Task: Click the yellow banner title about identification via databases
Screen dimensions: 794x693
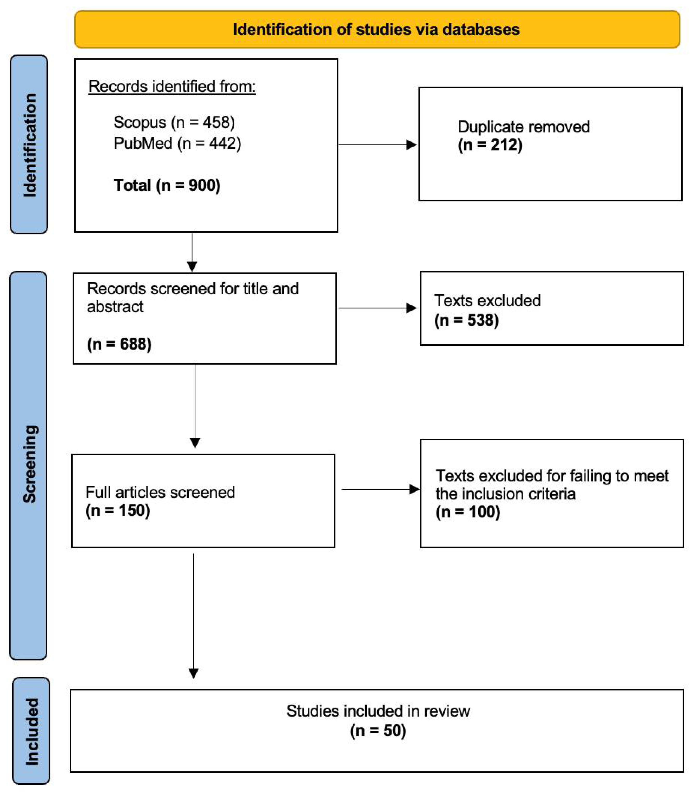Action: (376, 29)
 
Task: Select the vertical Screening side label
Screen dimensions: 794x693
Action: (30, 464)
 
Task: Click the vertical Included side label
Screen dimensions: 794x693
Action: (32, 731)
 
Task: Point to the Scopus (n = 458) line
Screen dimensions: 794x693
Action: (174, 122)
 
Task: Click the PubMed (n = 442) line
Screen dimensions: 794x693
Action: (177, 143)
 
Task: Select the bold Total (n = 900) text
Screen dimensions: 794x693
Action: (167, 185)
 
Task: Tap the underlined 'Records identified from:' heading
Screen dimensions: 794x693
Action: (172, 86)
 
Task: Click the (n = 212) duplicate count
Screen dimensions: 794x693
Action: (490, 145)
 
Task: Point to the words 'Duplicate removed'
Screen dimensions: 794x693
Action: (524, 127)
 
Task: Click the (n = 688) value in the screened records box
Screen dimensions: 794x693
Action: (119, 344)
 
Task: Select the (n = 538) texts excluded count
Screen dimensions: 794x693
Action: (466, 320)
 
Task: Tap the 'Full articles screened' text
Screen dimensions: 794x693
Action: (160, 492)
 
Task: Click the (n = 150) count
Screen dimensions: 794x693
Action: (117, 510)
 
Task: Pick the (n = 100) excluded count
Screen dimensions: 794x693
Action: (468, 512)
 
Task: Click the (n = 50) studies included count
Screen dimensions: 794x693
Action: (378, 731)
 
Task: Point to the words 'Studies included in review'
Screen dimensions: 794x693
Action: (378, 711)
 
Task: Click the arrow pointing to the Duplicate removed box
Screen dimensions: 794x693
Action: (377, 145)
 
